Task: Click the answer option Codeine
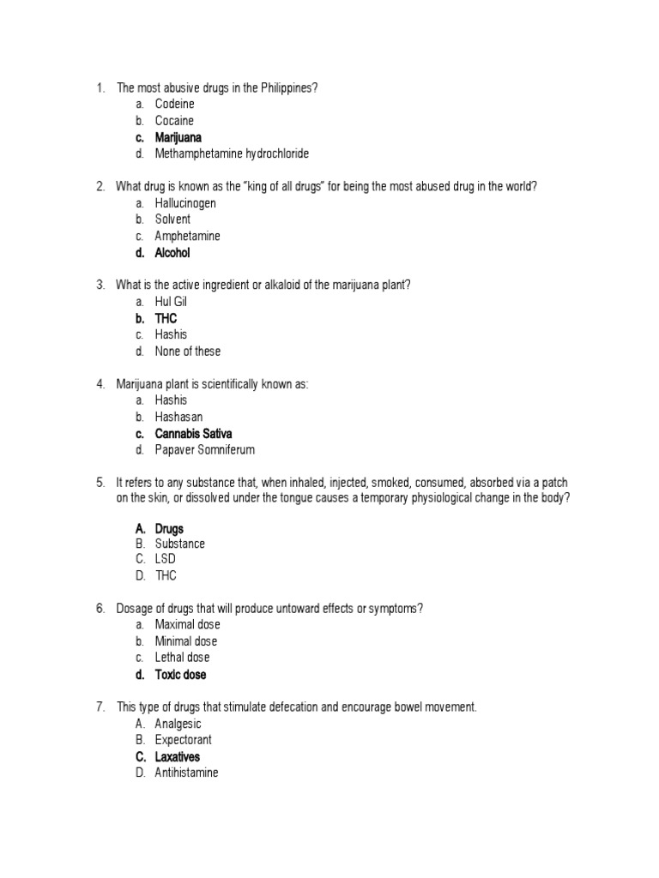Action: coord(174,105)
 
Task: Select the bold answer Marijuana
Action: coord(178,137)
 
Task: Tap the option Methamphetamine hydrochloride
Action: coord(232,154)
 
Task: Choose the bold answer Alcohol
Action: coord(172,253)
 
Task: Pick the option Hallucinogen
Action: coord(185,204)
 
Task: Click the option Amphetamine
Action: coord(187,237)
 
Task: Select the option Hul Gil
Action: coord(171,302)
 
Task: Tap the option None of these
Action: coord(188,352)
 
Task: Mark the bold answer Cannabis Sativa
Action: coord(193,434)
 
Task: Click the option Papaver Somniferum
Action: coord(205,450)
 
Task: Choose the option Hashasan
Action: coord(178,418)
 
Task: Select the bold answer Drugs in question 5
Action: coord(169,529)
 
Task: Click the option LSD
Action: coord(165,560)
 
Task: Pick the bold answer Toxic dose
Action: coord(180,675)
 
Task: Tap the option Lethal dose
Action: coord(182,658)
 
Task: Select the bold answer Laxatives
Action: coord(178,757)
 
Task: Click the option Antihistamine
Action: coord(186,773)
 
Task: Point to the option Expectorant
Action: coord(184,740)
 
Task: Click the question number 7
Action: coord(100,707)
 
